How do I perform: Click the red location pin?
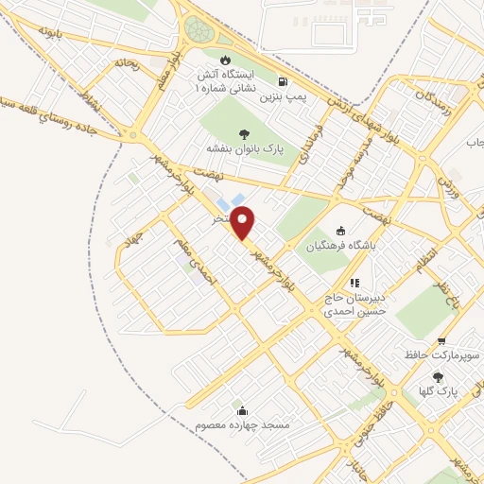click(x=244, y=223)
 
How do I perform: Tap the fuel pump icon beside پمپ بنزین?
click(x=285, y=81)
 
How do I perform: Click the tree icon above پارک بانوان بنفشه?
click(x=245, y=133)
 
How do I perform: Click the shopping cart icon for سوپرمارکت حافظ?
click(x=441, y=341)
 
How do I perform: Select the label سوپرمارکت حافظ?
click(x=440, y=356)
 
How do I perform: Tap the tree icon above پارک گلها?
click(x=436, y=375)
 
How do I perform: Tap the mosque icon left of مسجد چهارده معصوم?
click(x=243, y=410)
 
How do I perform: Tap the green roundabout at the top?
click(x=199, y=30)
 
